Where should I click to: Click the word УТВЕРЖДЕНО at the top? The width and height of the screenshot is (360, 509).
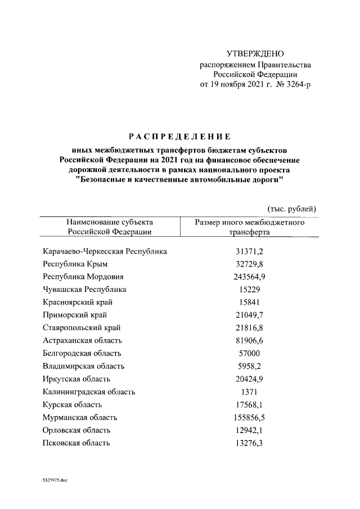255,54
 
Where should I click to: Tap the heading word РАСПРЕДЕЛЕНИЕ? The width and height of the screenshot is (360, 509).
180,136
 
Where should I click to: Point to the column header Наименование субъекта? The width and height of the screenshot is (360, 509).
110,223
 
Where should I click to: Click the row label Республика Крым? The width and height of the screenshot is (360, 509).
75,264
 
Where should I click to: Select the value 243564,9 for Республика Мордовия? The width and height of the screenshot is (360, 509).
249,277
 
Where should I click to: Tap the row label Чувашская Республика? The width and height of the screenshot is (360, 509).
84,290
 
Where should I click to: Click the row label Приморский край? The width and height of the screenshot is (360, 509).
75,315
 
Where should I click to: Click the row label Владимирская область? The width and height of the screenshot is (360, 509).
83,366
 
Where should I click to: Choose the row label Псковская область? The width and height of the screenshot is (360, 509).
76,443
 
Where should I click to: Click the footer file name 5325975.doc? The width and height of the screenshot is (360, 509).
55,481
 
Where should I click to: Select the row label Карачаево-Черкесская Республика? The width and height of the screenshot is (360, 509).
105,251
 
